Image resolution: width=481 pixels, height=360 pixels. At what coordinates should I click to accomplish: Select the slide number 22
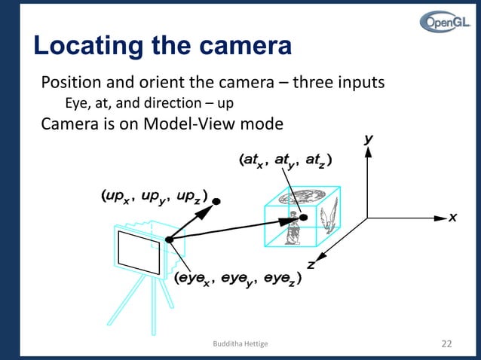446,343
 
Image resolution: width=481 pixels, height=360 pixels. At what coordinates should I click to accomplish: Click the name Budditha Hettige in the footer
240,344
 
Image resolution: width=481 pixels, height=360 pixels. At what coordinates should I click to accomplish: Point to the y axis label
369,139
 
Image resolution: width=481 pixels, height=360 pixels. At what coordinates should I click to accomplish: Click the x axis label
453,217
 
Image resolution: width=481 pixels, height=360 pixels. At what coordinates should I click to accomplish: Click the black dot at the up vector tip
216,202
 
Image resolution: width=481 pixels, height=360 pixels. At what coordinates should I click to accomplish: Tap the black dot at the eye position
169,239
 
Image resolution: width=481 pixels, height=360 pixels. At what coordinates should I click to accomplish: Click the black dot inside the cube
303,218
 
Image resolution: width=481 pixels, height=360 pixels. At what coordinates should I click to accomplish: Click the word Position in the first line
72,81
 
